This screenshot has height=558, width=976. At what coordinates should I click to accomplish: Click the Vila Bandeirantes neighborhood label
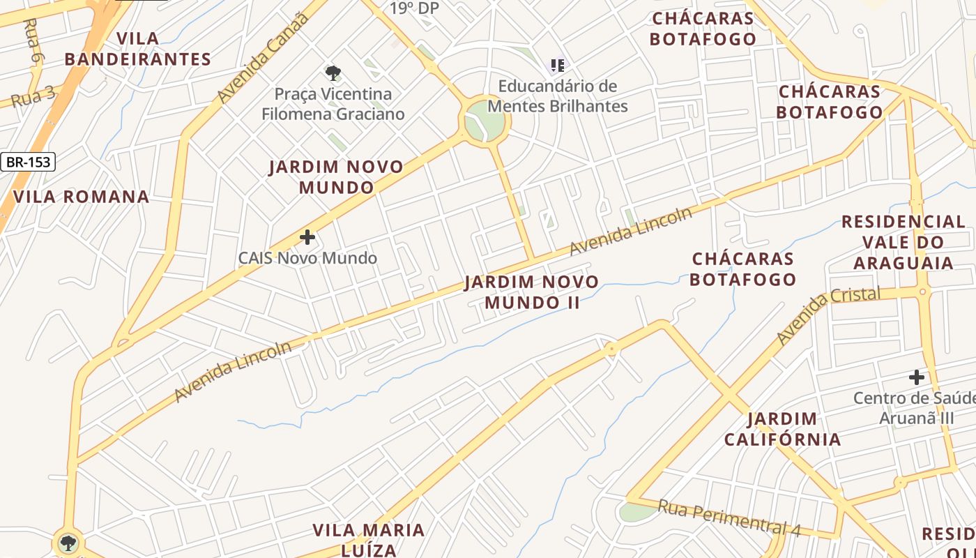pos(137,49)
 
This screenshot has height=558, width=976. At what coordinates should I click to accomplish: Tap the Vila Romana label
pos(81,197)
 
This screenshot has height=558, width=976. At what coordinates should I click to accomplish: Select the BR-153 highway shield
pos(28,163)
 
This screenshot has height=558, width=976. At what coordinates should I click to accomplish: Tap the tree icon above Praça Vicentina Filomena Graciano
pos(333,72)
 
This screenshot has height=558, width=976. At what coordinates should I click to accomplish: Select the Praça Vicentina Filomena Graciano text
pos(333,104)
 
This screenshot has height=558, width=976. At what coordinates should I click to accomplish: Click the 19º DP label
pos(415,8)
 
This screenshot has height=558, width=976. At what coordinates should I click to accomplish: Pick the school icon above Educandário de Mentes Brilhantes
pos(557,66)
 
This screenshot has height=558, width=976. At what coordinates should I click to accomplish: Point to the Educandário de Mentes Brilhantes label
pos(557,96)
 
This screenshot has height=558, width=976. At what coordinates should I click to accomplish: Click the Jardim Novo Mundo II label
pos(532,292)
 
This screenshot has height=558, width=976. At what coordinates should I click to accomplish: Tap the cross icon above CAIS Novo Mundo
pos(307,238)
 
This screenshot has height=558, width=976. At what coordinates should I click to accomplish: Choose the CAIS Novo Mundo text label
pos(307,258)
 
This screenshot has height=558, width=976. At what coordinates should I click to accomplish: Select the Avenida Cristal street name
pos(828,315)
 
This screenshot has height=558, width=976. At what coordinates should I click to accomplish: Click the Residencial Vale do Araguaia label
pos(903,242)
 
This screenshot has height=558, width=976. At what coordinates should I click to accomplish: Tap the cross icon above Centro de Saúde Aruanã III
pos(916,377)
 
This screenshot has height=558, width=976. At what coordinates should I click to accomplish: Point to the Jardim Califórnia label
pos(782,429)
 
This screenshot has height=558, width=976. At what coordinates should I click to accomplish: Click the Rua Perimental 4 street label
pos(729,518)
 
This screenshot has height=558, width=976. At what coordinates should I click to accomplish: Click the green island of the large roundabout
pos(485,121)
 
